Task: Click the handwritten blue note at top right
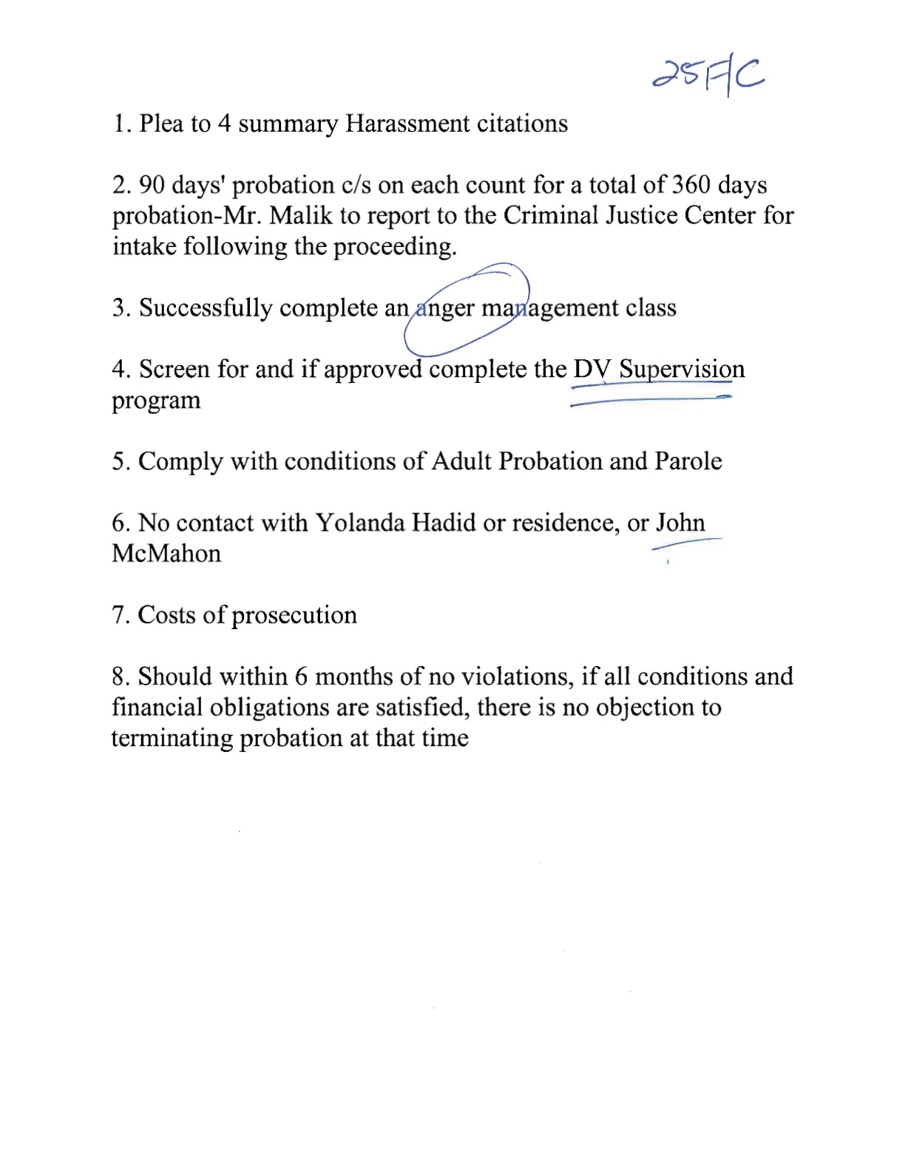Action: [x=708, y=76]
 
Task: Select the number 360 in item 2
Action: [x=691, y=185]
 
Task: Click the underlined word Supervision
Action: [x=682, y=369]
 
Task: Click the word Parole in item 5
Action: [x=688, y=461]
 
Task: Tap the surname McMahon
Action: [x=166, y=554]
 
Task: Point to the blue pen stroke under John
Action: [x=685, y=544]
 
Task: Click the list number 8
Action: [x=121, y=676]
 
